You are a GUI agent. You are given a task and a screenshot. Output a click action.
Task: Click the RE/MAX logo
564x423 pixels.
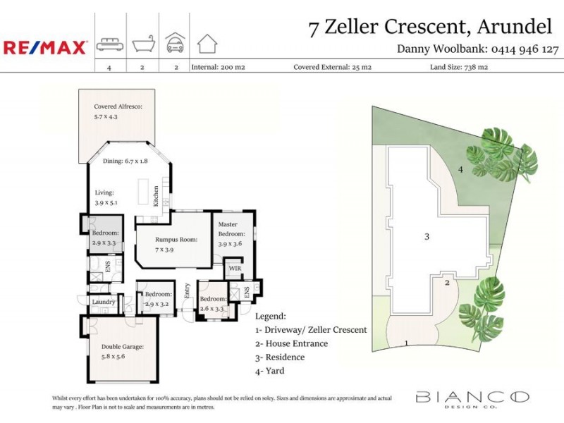point(45,47)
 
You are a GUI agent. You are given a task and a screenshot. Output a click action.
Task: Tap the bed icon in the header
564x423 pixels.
point(109,44)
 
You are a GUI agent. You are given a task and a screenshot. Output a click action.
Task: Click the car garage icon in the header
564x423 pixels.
point(175,43)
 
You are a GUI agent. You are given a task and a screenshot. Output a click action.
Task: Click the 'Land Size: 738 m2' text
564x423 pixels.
point(459,68)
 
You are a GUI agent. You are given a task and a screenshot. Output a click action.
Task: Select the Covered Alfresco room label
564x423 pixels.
point(118,111)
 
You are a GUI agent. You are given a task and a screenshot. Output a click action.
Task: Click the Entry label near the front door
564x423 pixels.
point(187,290)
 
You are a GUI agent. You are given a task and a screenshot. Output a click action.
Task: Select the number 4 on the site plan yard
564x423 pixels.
point(460,169)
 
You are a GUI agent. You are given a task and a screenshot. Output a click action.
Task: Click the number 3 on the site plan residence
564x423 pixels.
point(427,236)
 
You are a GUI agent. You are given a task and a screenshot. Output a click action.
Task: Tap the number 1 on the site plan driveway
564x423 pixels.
point(406,343)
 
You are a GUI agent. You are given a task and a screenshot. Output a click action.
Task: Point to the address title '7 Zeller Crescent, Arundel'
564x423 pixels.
point(430,27)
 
